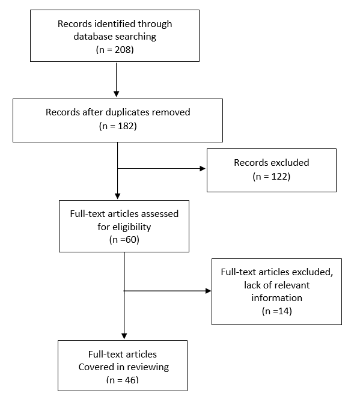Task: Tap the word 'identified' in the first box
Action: pos(115,23)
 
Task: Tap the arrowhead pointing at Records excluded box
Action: pos(203,169)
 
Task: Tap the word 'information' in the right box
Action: pos(276,297)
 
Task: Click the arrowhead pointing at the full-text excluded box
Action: pos(208,291)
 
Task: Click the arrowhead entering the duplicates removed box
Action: pos(117,94)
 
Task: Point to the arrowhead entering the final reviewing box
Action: pos(124,336)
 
